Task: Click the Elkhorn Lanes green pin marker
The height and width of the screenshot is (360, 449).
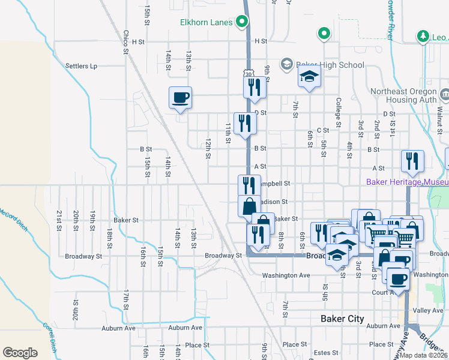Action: coord(243,23)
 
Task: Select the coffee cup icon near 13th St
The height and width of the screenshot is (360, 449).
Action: coord(181,98)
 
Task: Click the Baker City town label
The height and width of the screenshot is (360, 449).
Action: coord(342,319)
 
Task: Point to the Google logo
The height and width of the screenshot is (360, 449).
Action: coord(20,353)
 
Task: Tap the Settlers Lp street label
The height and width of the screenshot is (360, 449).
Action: coord(81,66)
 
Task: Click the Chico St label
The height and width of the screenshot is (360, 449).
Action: coord(126,42)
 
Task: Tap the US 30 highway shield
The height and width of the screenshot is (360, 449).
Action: coord(248,73)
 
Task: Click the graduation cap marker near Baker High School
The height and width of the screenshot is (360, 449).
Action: coord(310,77)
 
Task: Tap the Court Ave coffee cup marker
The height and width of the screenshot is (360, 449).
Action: coord(398,278)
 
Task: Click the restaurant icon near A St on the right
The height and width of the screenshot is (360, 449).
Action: coord(412,161)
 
